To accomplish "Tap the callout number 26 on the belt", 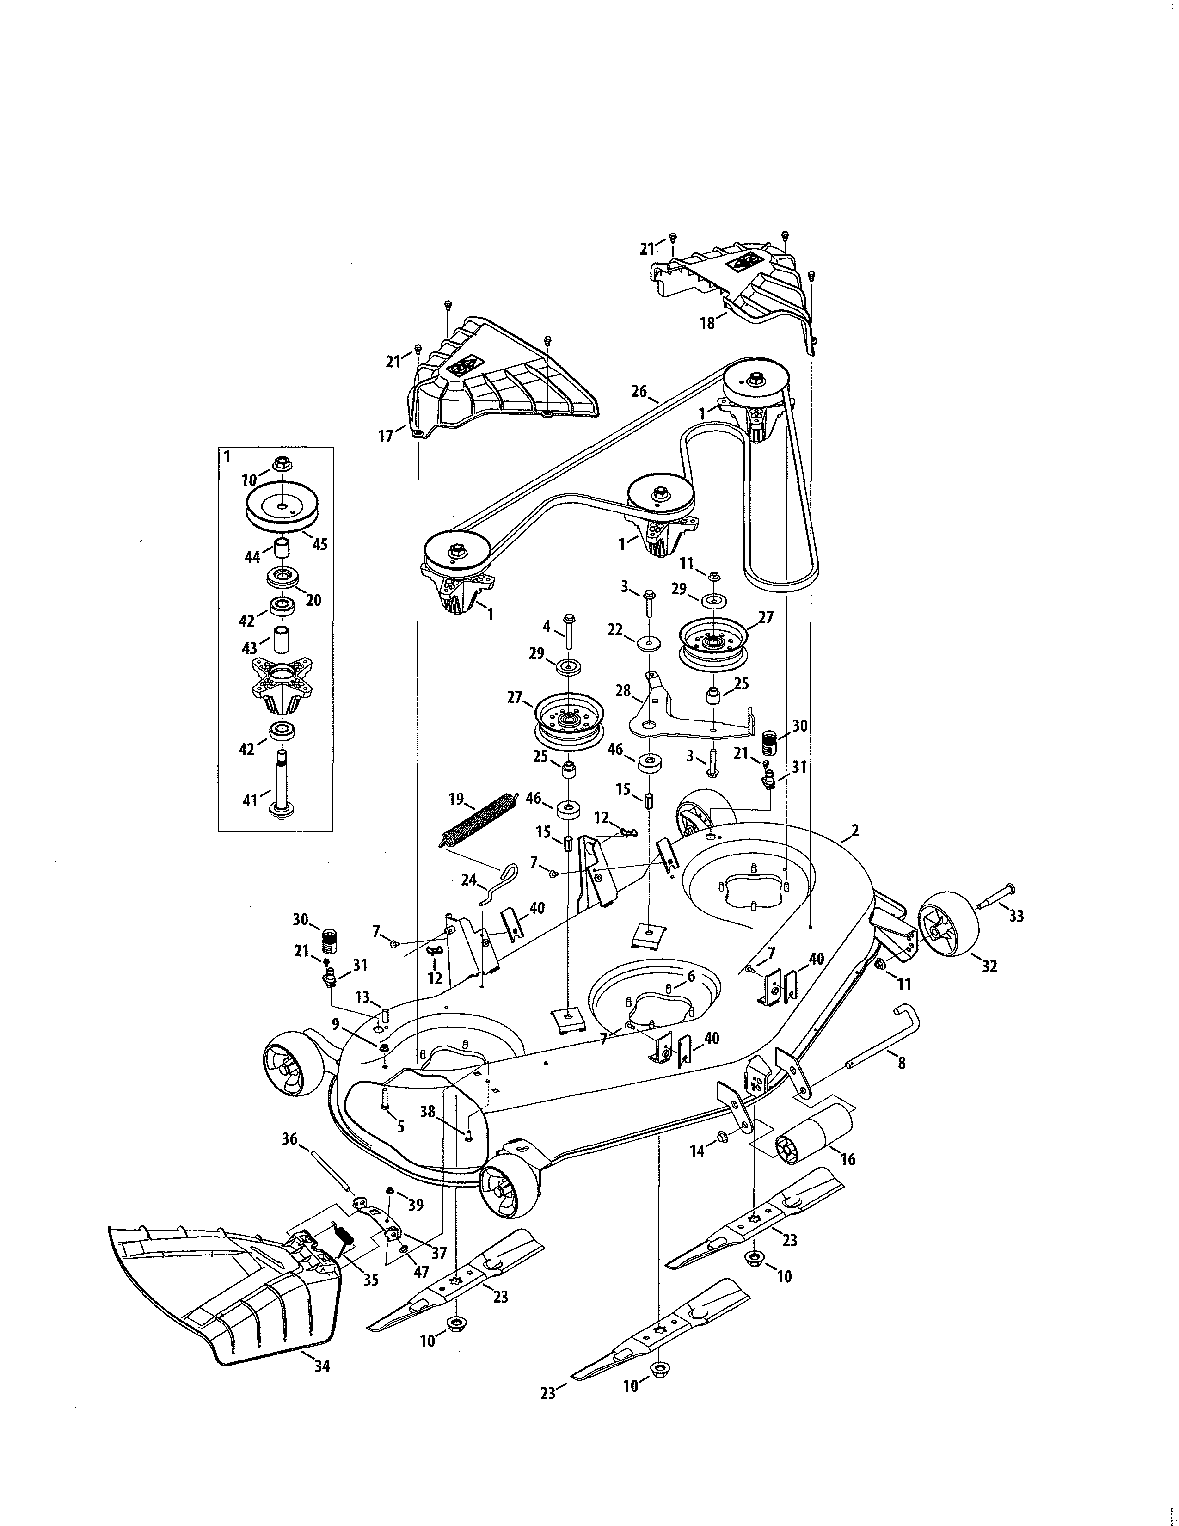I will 639,391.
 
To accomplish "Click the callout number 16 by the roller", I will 848,1159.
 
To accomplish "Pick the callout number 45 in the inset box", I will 319,544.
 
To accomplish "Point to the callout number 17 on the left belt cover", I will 386,436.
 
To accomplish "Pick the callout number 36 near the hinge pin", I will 289,1139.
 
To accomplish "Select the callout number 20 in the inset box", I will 313,599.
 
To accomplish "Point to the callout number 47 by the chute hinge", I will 421,1272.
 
